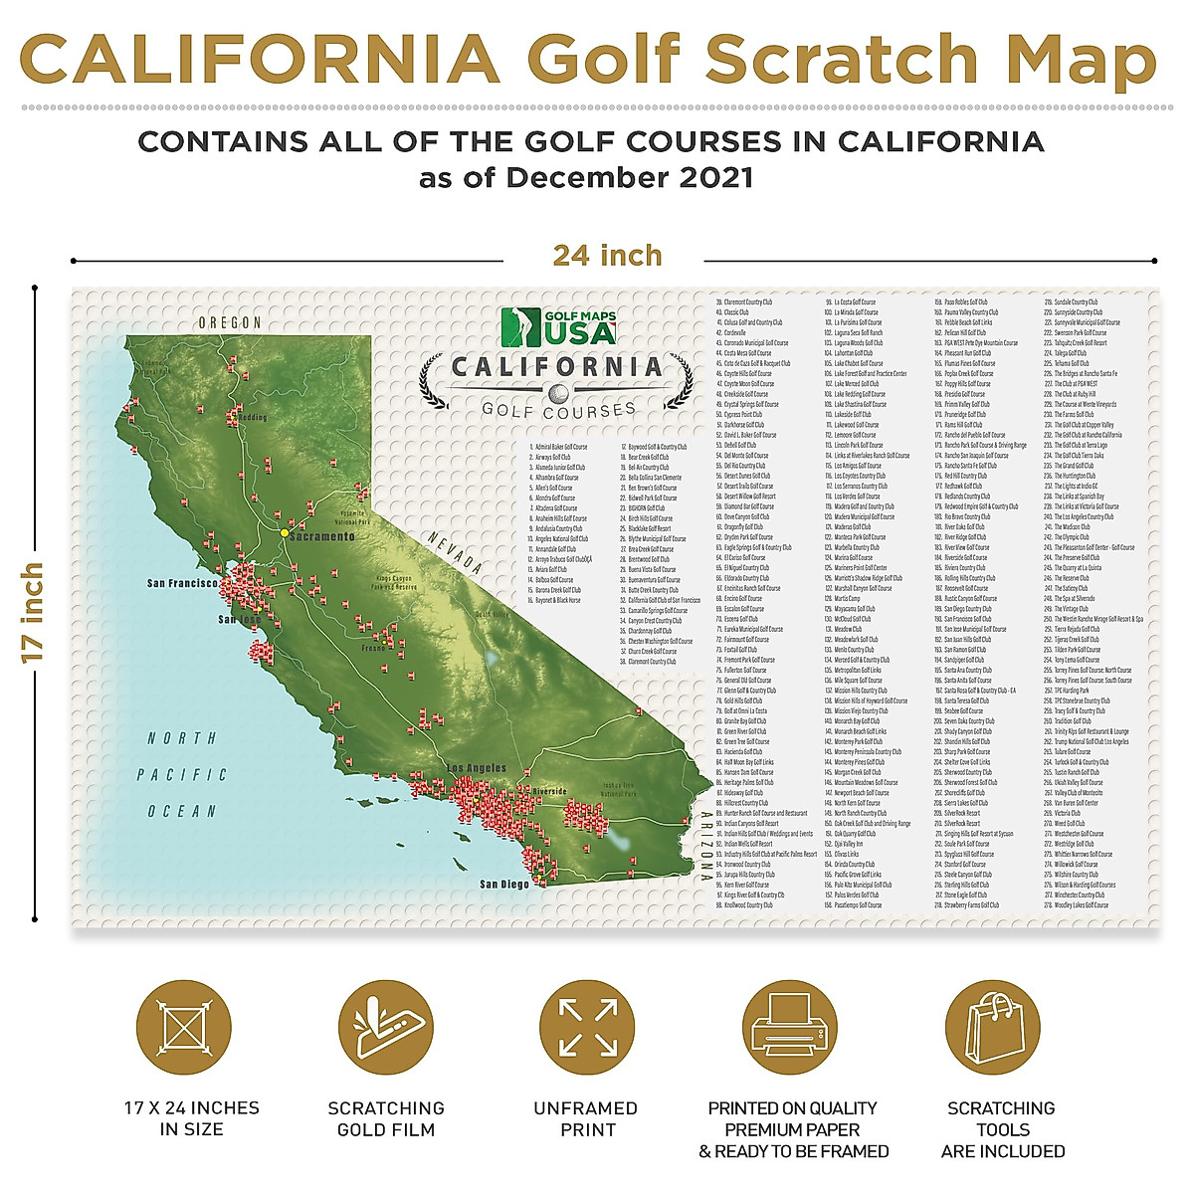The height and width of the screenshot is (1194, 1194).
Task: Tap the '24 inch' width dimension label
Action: [x=607, y=256]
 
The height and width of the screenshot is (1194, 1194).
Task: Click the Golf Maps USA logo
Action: [x=558, y=326]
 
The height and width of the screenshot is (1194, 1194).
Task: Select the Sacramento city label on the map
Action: [x=321, y=536]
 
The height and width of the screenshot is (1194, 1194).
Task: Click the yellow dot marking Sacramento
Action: [x=285, y=533]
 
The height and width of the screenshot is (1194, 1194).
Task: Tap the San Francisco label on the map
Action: [x=182, y=583]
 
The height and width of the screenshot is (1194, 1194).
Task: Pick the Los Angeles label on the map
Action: [x=477, y=768]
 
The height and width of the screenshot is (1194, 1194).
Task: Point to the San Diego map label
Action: [x=504, y=884]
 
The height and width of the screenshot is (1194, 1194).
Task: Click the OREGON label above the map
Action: [x=230, y=323]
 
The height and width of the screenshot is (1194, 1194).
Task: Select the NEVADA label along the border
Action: [x=456, y=552]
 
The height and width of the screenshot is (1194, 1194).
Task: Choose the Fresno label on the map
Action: [x=373, y=648]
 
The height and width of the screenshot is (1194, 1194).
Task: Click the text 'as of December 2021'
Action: [x=586, y=178]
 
